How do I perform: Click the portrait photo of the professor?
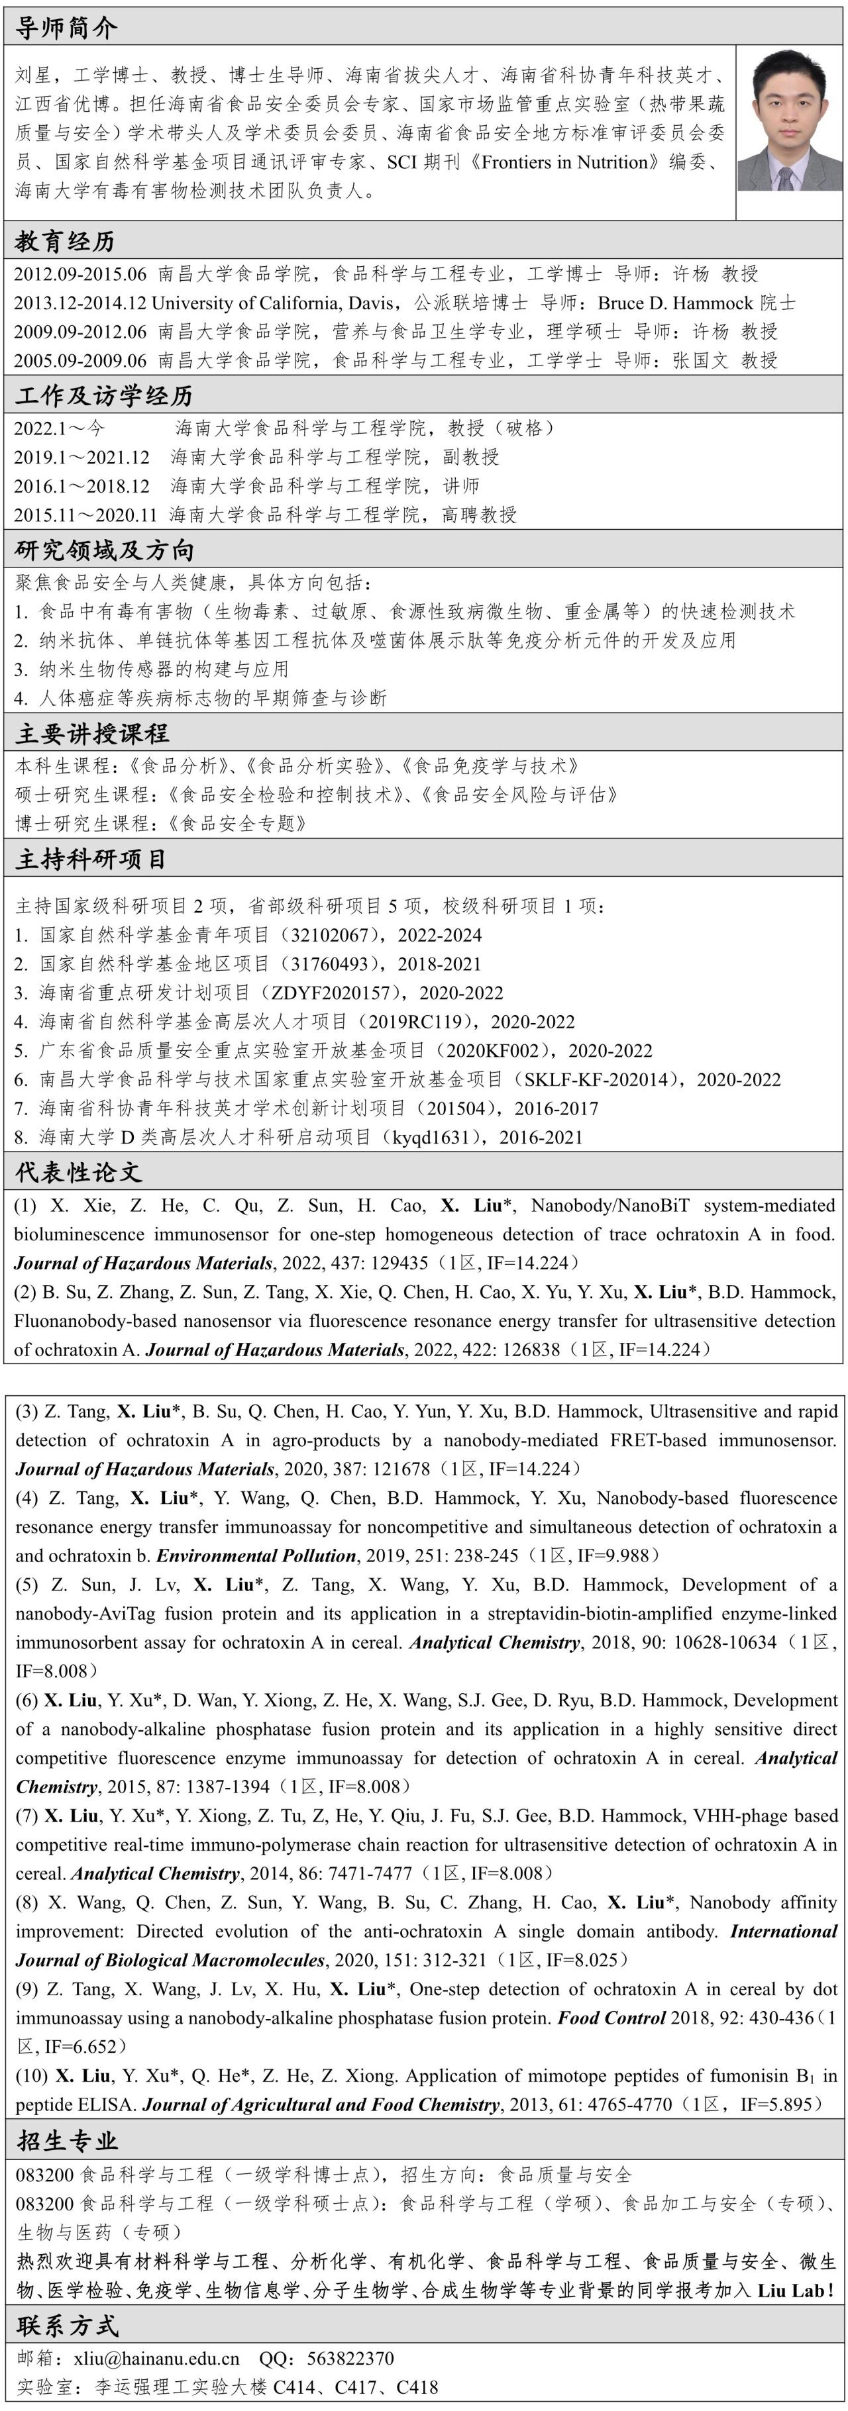789,120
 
